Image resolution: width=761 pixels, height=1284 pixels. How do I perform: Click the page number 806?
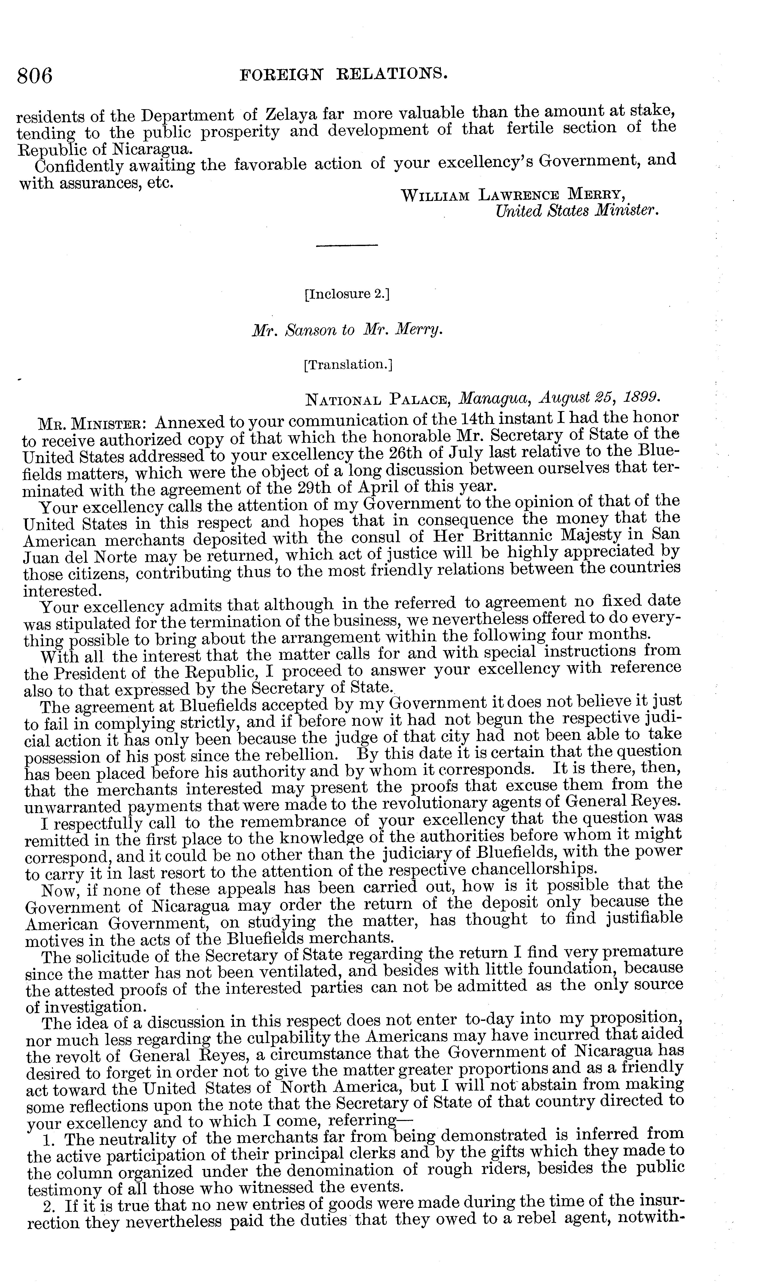[35, 76]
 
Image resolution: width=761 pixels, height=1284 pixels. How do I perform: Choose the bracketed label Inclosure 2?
[347, 294]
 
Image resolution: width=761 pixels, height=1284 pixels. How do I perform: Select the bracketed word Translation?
[348, 365]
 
